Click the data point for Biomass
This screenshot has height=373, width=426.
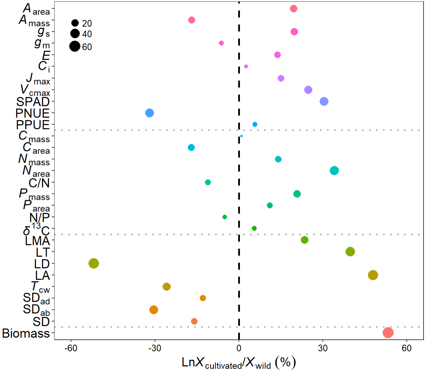(x=388, y=332)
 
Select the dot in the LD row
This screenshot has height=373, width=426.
(x=93, y=263)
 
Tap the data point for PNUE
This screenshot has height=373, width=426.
(x=149, y=113)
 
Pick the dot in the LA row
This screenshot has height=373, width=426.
(x=373, y=275)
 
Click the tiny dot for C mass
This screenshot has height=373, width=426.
(x=241, y=136)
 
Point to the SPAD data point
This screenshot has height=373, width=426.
(x=324, y=101)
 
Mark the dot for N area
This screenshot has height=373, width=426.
(x=334, y=171)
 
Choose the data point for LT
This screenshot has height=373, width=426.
(x=350, y=252)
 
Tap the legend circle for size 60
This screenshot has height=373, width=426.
(x=75, y=46)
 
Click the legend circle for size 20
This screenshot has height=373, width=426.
(x=75, y=23)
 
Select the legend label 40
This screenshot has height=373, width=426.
(x=87, y=34)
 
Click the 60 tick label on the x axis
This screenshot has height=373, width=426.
(x=407, y=348)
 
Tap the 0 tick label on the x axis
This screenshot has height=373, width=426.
(x=239, y=348)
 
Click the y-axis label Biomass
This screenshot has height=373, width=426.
(x=26, y=333)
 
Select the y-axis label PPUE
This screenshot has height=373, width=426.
(x=33, y=125)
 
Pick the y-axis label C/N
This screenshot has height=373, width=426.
(x=39, y=183)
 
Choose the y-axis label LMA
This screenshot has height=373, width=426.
(x=37, y=241)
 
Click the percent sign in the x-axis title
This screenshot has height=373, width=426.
(x=285, y=363)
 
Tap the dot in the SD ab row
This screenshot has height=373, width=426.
(x=154, y=310)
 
